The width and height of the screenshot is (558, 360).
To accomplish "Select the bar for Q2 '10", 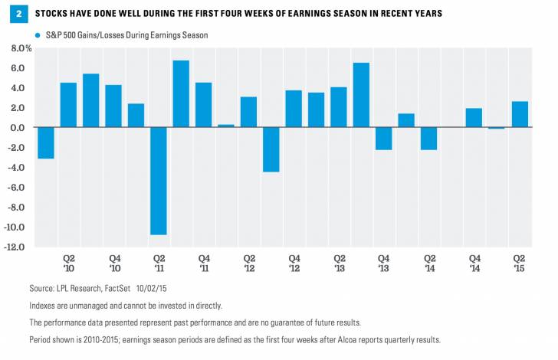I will pyautogui.click(x=68, y=105).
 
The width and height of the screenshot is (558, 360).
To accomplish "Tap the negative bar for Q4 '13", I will pyautogui.click(x=384, y=139).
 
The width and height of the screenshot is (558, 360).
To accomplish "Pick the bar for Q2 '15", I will pyautogui.click(x=520, y=114).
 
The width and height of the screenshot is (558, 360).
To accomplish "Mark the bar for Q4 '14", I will pyautogui.click(x=474, y=118).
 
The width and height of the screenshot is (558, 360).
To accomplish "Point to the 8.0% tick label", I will pyautogui.click(x=20, y=48).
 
